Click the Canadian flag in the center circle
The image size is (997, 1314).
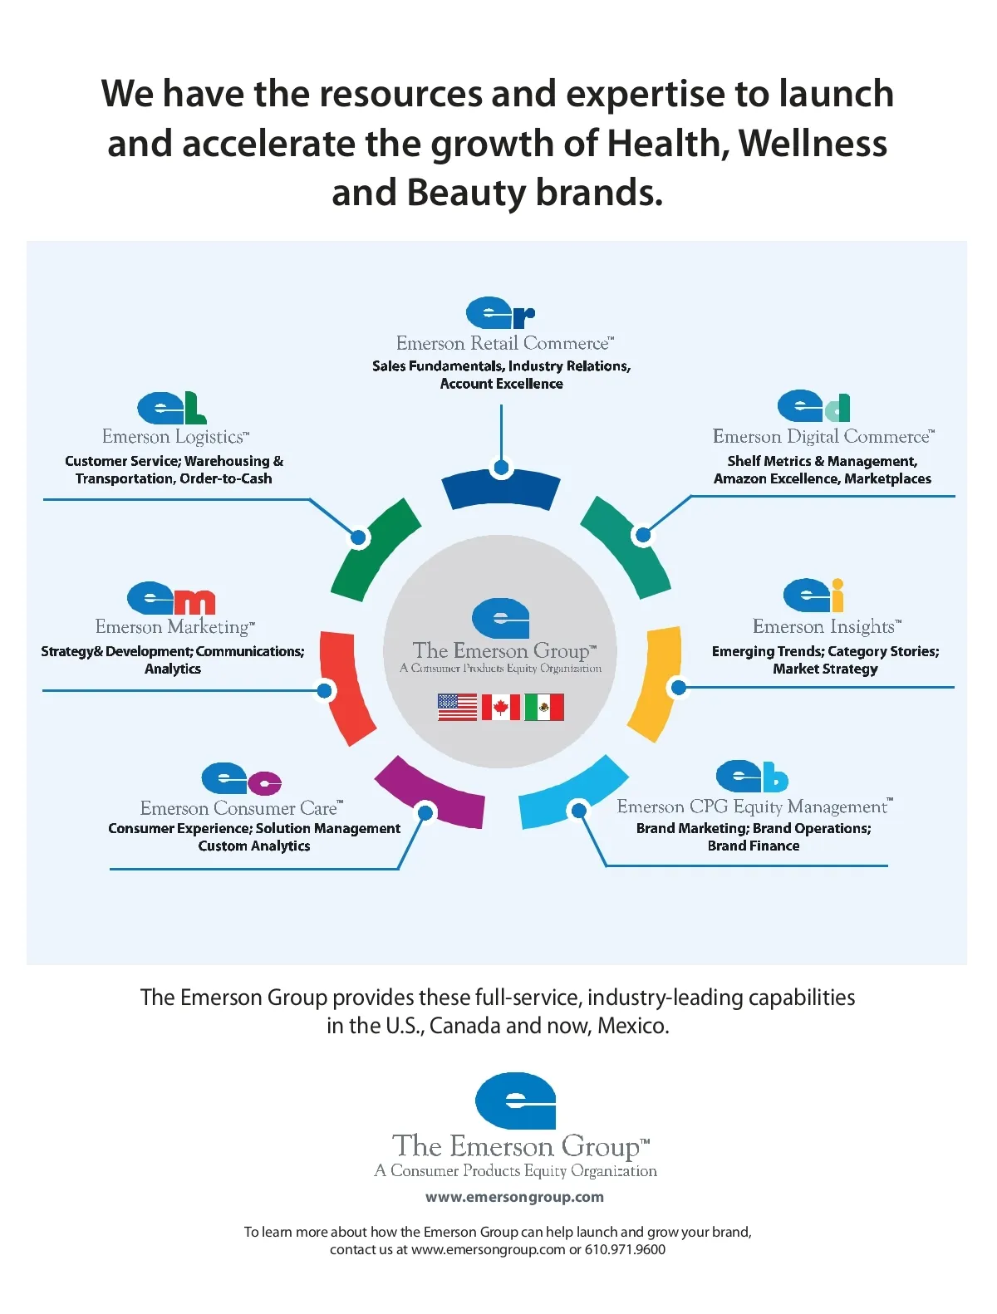click(501, 708)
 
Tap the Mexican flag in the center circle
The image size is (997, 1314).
click(544, 708)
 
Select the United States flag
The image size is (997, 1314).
click(457, 708)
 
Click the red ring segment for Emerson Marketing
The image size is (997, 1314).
click(347, 688)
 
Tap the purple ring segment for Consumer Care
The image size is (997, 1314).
click(430, 794)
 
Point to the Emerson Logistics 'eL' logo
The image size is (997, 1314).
click(171, 408)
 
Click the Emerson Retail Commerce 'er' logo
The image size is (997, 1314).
click(500, 313)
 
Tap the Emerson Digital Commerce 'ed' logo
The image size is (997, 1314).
click(813, 406)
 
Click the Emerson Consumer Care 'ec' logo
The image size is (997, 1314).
click(241, 779)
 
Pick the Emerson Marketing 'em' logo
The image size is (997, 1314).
click(171, 597)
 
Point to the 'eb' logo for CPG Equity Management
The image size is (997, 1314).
click(752, 777)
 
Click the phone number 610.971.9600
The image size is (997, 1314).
click(625, 1250)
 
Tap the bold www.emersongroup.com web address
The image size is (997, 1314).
click(514, 1197)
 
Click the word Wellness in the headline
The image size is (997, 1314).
click(813, 143)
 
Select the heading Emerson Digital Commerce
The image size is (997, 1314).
click(823, 437)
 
